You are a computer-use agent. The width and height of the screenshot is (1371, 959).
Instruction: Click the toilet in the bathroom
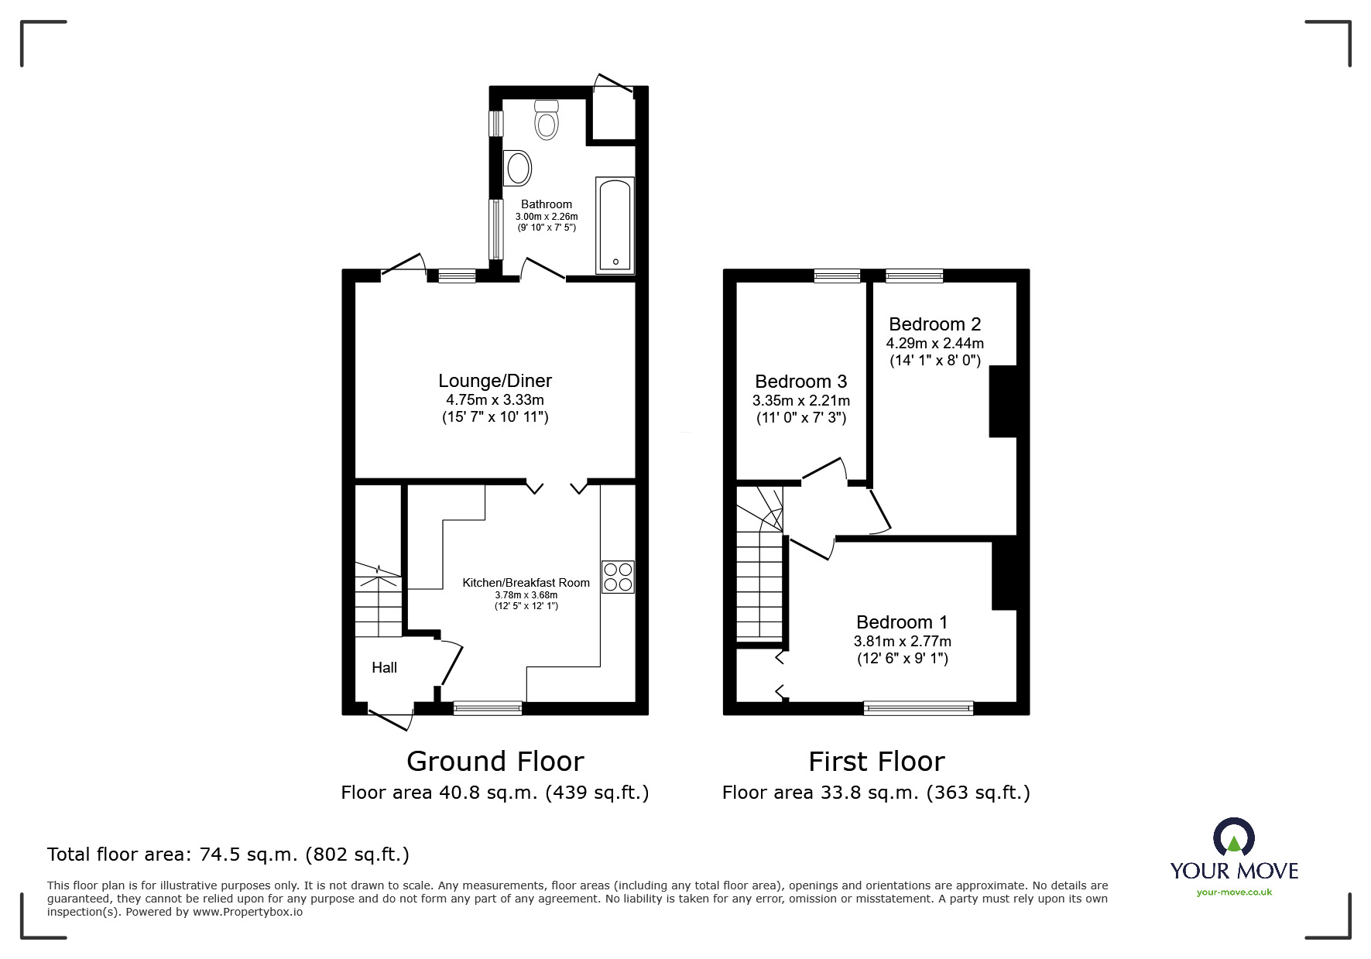click(547, 121)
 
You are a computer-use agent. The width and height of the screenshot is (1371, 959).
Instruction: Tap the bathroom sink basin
click(517, 167)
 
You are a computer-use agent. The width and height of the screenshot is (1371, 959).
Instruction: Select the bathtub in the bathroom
click(615, 225)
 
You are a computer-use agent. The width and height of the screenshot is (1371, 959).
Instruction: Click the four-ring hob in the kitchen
click(618, 577)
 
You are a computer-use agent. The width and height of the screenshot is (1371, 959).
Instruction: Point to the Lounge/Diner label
click(495, 381)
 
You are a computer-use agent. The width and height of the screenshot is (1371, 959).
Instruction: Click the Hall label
click(384, 667)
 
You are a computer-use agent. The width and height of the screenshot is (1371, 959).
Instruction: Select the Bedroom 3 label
click(800, 382)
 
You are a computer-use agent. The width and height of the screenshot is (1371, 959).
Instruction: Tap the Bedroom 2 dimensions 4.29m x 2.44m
click(934, 343)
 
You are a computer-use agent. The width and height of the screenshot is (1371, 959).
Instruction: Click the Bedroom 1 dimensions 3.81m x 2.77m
click(902, 641)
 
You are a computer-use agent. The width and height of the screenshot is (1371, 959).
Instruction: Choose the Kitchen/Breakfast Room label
click(526, 583)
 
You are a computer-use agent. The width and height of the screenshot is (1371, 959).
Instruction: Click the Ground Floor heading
click(495, 762)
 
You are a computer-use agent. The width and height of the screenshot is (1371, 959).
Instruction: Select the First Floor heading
click(876, 762)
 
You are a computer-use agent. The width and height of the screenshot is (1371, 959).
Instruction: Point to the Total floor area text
click(228, 855)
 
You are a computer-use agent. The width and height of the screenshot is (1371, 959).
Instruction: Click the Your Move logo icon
click(1233, 837)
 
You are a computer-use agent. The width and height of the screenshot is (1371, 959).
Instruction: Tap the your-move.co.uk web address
click(1234, 892)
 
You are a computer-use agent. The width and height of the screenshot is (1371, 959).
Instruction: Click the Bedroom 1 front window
click(918, 707)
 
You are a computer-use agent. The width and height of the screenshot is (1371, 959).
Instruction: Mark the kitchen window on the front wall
click(488, 707)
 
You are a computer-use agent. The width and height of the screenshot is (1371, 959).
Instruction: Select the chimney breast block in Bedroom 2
click(1003, 401)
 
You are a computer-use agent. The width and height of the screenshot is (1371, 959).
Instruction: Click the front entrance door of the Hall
click(390, 717)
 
